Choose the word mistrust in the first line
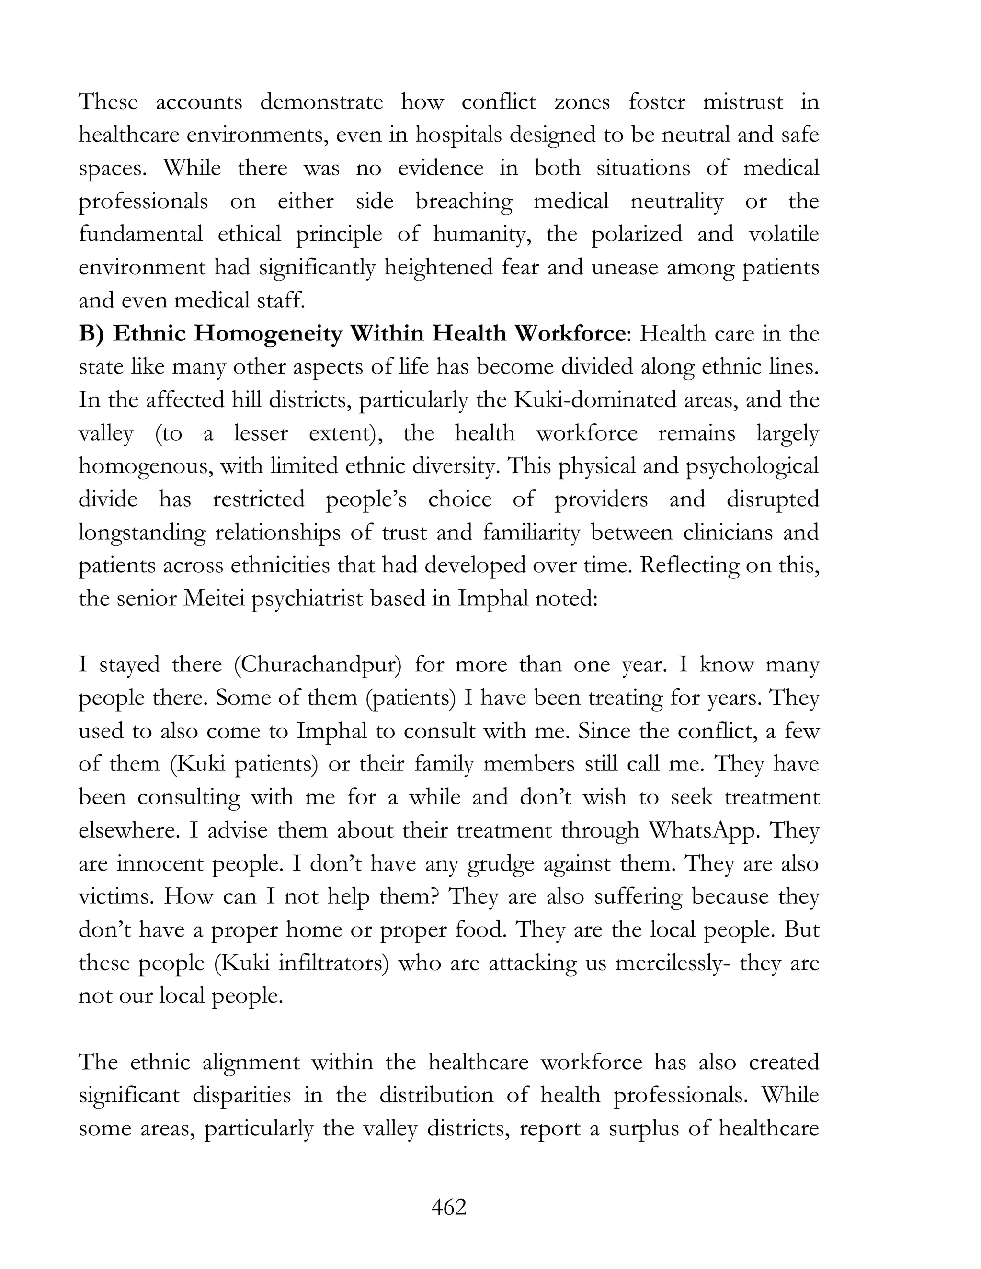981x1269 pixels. click(743, 102)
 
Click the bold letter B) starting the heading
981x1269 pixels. click(91, 334)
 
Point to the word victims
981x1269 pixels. click(114, 896)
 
